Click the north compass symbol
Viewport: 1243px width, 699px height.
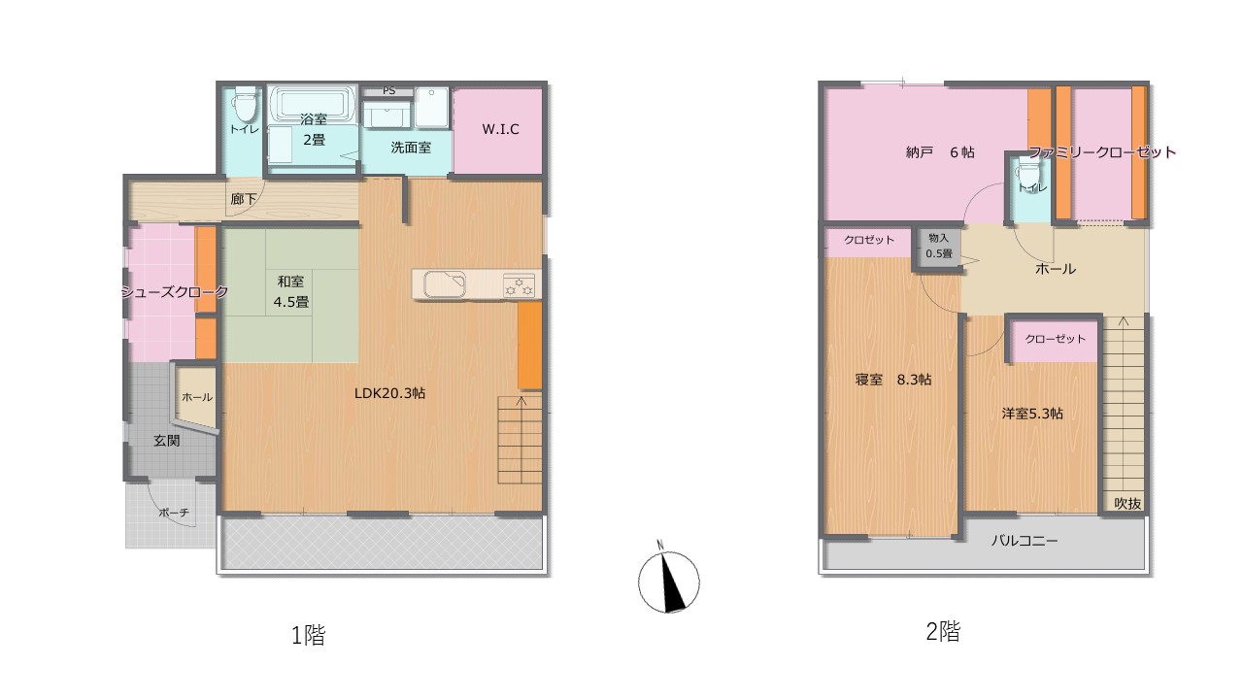[668, 581]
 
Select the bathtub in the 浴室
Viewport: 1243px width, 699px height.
[314, 104]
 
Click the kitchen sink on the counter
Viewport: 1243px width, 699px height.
[445, 285]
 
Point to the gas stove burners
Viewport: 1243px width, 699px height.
[519, 285]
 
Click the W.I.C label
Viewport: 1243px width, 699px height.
[500, 129]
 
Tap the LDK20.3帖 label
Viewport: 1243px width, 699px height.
[390, 393]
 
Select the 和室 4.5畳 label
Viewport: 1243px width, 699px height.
[290, 292]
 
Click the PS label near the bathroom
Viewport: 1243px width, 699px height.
[389, 90]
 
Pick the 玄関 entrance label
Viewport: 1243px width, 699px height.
[166, 441]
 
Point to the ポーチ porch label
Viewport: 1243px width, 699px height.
[174, 514]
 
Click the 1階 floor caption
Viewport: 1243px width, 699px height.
[309, 635]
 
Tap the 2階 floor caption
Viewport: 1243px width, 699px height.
[943, 631]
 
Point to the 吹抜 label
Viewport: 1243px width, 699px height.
[1128, 503]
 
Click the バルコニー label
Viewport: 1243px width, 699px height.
[1025, 541]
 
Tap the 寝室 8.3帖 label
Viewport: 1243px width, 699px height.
[892, 380]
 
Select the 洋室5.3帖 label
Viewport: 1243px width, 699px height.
[1032, 414]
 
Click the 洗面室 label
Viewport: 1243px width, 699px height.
[411, 148]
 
